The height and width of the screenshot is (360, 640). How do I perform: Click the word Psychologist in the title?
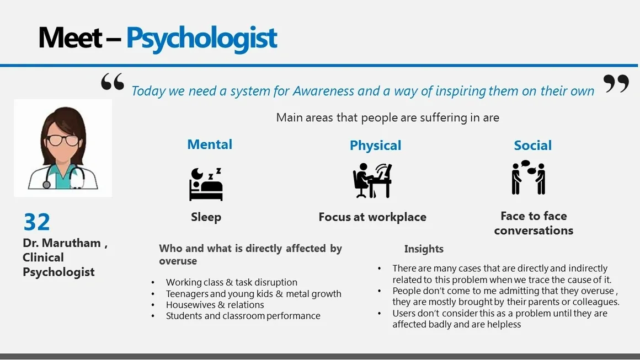click(x=201, y=39)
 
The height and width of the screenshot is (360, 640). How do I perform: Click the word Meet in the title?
click(x=70, y=37)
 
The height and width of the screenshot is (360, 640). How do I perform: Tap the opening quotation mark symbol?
click(x=113, y=82)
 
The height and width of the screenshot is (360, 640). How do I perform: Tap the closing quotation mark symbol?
click(x=616, y=83)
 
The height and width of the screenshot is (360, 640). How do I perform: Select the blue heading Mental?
click(x=210, y=144)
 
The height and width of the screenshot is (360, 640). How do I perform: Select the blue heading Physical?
click(x=376, y=146)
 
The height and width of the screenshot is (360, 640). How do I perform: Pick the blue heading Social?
click(x=532, y=145)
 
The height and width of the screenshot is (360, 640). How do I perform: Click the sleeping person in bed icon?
click(x=206, y=184)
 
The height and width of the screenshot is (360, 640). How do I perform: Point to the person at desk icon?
click(x=372, y=181)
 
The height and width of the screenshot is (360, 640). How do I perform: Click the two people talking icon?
click(x=529, y=177)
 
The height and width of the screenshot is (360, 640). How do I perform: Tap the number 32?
click(x=37, y=222)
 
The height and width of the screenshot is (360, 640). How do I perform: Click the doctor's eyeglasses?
click(x=62, y=140)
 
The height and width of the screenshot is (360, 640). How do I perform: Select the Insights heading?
click(x=424, y=249)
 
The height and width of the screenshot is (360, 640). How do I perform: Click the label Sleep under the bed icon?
click(x=206, y=217)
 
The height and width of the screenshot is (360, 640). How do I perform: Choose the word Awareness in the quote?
click(x=323, y=90)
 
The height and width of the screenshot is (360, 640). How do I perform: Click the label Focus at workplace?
click(x=372, y=217)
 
